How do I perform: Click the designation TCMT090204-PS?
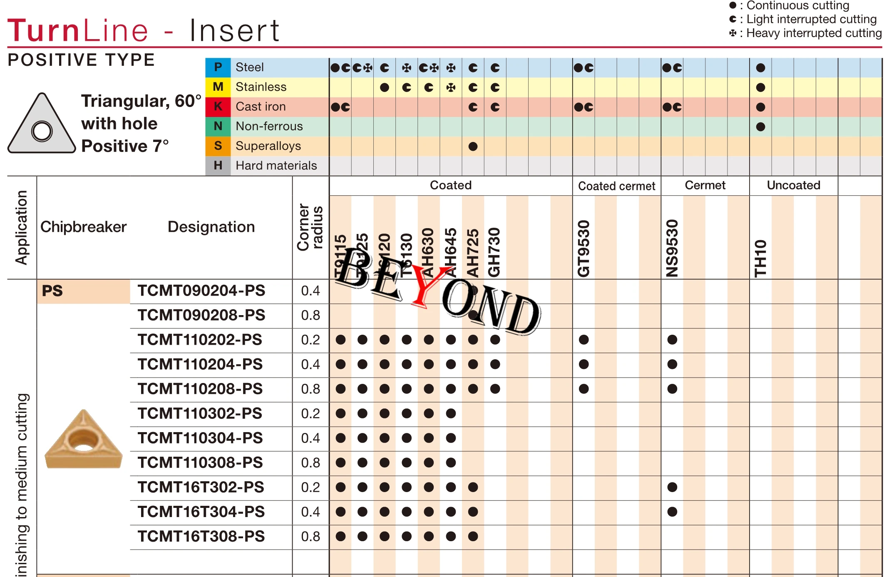pyautogui.click(x=201, y=291)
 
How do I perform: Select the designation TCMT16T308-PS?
pyautogui.click(x=201, y=536)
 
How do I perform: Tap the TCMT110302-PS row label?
pyautogui.click(x=200, y=413)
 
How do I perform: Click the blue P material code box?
pyautogui.click(x=218, y=67)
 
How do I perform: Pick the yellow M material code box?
pyautogui.click(x=218, y=87)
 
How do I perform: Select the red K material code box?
pyautogui.click(x=218, y=107)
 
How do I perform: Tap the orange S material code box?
pyautogui.click(x=218, y=146)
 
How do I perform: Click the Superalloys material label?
pyautogui.click(x=268, y=146)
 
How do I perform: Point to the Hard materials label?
pyautogui.click(x=276, y=165)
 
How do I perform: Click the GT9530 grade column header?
pyautogui.click(x=584, y=249)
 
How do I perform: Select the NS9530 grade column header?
pyautogui.click(x=672, y=249)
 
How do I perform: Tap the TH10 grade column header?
pyautogui.click(x=760, y=258)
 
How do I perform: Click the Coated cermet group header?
pyautogui.click(x=616, y=186)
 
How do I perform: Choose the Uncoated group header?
pyautogui.click(x=793, y=185)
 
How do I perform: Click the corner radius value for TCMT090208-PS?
pyautogui.click(x=310, y=315)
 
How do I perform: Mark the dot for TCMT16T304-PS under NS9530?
pyautogui.click(x=672, y=512)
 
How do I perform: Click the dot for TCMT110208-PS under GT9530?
pyautogui.click(x=584, y=389)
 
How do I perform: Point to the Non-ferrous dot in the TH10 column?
pyautogui.click(x=760, y=127)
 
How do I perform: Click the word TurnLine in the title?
pyautogui.click(x=78, y=30)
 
